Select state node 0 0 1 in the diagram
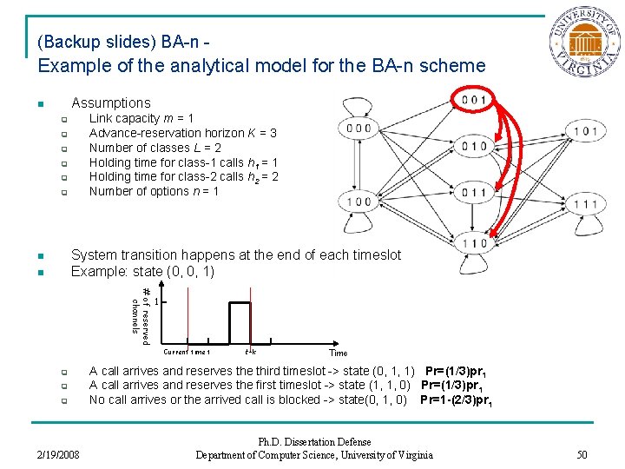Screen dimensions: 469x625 [x=475, y=100]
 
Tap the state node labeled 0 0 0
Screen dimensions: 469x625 [x=359, y=129]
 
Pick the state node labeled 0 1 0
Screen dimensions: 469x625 [x=475, y=146]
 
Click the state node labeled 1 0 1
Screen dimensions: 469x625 [x=584, y=132]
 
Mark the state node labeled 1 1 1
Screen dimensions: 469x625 [x=584, y=205]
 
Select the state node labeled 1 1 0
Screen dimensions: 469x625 [x=475, y=244]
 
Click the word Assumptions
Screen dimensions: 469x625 [x=110, y=102]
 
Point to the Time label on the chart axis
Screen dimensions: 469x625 [x=339, y=353]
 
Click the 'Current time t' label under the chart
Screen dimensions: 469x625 [x=187, y=352]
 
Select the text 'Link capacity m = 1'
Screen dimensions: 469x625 [x=141, y=118]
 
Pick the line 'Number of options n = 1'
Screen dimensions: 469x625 [x=154, y=191]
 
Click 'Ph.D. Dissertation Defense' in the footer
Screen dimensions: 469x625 [x=313, y=442]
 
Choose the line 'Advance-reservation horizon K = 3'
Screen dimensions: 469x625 [x=183, y=133]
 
